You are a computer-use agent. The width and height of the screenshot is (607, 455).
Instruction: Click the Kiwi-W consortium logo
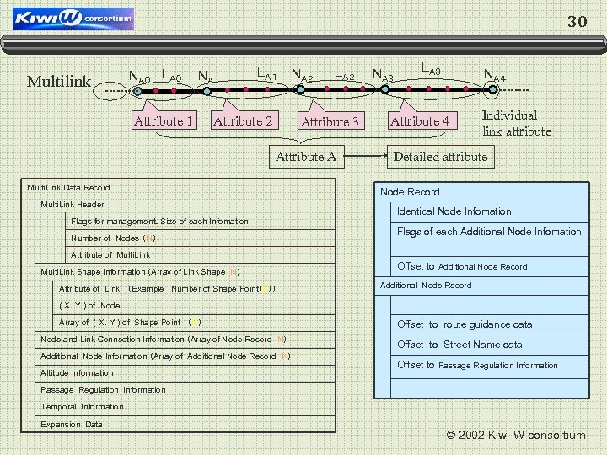[x=73, y=18]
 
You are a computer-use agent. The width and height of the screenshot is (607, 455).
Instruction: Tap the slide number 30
[x=577, y=22]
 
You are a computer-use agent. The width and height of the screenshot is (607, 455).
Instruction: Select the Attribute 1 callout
[x=164, y=121]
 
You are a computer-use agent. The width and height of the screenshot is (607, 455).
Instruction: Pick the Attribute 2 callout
[x=243, y=121]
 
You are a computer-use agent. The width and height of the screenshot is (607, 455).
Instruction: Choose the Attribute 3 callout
[x=330, y=122]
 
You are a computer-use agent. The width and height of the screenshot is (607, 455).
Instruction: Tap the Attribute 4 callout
[x=419, y=121]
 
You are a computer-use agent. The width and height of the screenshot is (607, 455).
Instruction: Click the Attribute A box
[x=306, y=156]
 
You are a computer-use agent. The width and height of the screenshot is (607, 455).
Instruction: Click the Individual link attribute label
[x=516, y=123]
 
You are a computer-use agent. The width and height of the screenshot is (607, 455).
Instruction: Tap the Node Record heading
[x=410, y=192]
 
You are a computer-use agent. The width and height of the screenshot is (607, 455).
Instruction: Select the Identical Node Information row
[x=454, y=211]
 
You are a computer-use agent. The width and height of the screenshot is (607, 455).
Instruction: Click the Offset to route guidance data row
[x=465, y=324]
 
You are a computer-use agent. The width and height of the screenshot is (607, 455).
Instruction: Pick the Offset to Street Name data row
[x=459, y=345]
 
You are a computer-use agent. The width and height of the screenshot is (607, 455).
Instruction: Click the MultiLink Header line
[x=73, y=205]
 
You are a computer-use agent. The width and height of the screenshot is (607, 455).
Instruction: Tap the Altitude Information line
[x=77, y=372]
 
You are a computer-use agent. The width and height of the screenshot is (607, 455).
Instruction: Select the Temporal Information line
[x=82, y=406]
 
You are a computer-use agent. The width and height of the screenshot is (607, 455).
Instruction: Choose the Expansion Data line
[x=72, y=424]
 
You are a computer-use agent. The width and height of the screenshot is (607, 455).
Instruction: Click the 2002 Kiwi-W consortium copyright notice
[x=515, y=436]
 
